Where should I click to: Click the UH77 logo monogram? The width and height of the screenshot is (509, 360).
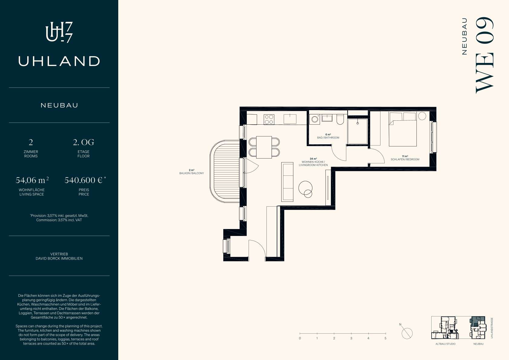tap(59, 32)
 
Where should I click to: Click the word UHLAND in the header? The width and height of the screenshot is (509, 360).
tap(59, 61)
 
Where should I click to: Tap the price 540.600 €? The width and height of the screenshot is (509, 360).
tap(83, 180)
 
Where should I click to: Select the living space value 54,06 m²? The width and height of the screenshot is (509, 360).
tap(32, 180)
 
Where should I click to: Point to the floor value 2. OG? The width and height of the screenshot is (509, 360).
tap(83, 142)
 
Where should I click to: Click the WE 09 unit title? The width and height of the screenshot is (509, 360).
tap(485, 55)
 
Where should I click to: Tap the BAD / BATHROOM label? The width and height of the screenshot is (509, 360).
tap(328, 138)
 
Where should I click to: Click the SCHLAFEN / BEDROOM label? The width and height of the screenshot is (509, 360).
tap(405, 159)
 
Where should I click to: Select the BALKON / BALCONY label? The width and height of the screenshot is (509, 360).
tap(191, 173)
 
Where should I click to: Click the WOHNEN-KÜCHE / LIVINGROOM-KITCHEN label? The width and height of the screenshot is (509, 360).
tap(313, 163)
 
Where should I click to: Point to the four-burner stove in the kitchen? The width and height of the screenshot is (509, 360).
tap(269, 119)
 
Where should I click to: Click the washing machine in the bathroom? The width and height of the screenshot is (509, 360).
tap(315, 119)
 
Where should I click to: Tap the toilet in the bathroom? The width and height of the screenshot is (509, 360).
tap(340, 119)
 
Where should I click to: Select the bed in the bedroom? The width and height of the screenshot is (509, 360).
tap(403, 129)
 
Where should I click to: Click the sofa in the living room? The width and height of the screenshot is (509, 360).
tap(287, 182)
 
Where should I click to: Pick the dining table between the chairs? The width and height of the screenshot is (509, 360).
tap(264, 147)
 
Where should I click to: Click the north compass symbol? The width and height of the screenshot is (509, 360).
tap(407, 333)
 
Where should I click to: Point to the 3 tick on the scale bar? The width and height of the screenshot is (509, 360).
tap(351, 333)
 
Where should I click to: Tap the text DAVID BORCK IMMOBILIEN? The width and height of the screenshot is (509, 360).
tap(59, 258)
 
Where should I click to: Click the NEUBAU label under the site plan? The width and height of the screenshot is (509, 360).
tap(478, 344)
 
